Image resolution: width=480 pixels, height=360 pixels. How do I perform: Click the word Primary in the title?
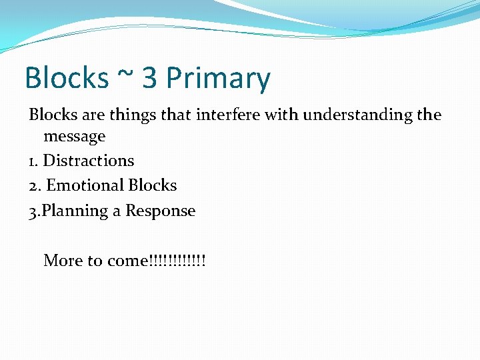click(218, 79)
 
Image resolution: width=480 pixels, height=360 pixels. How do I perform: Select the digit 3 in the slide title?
click(150, 79)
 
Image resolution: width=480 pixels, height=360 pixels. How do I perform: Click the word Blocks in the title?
click(66, 79)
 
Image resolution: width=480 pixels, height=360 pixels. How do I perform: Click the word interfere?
click(228, 115)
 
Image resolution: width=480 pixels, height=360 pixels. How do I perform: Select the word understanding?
click(358, 115)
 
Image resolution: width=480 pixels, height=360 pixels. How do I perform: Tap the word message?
click(75, 137)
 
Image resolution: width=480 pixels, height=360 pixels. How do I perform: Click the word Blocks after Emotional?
click(153, 185)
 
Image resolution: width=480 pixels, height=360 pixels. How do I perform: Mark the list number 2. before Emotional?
click(35, 186)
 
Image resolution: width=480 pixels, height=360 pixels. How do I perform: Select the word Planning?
click(75, 211)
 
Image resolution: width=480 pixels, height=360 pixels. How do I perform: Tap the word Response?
click(161, 211)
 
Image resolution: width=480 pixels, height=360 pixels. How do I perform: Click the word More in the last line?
click(63, 261)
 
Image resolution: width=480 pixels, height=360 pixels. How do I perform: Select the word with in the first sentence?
click(282, 115)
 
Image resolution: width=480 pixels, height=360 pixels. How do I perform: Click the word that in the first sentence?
click(175, 115)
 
